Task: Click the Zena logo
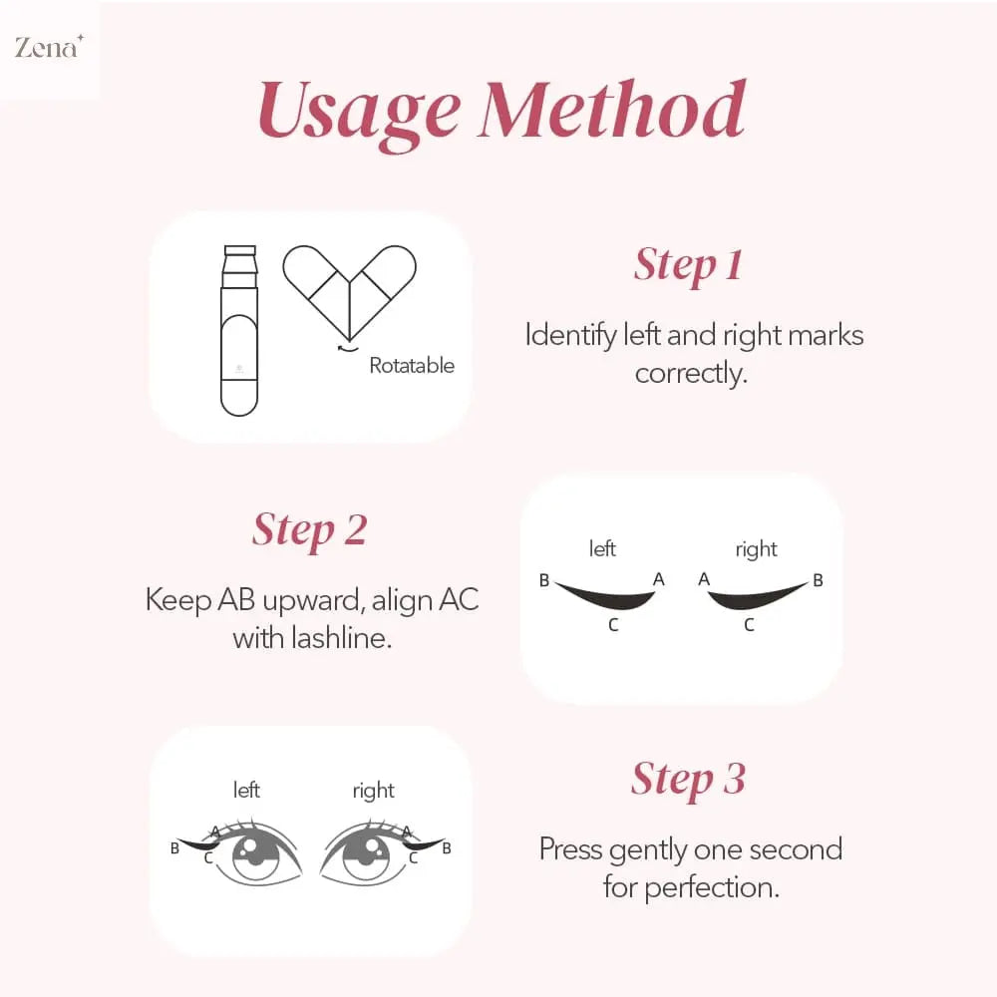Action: point(47,47)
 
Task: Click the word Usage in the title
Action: point(360,112)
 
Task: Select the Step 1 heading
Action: point(688,265)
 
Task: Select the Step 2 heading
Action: point(309,529)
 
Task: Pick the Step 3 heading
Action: point(688,779)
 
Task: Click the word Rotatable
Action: point(412,366)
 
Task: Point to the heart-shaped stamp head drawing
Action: point(348,289)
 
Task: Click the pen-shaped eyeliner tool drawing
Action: point(239,329)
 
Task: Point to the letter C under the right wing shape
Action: point(749,626)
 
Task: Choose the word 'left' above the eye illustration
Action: point(246,791)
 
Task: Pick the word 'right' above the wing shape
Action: point(756,549)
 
